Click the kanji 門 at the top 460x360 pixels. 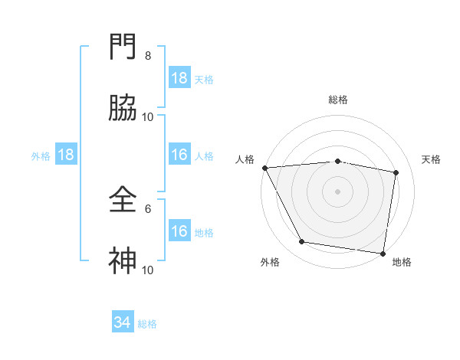pyautogui.click(x=123, y=47)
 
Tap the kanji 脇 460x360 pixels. pyautogui.click(x=123, y=108)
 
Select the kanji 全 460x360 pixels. pyautogui.click(x=123, y=200)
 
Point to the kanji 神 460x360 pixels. pyautogui.click(x=123, y=261)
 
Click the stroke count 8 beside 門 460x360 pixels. pyautogui.click(x=148, y=56)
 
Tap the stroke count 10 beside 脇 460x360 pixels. pyautogui.click(x=148, y=117)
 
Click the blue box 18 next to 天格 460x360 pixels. pyautogui.click(x=179, y=78)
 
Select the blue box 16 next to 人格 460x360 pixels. pyautogui.click(x=179, y=155)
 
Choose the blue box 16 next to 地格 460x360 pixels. pyautogui.click(x=179, y=231)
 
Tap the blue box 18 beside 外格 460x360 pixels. pyautogui.click(x=66, y=155)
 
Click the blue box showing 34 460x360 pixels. pyautogui.click(x=123, y=322)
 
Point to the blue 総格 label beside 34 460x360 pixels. pyautogui.click(x=147, y=324)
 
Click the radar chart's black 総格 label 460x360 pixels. pyautogui.click(x=338, y=100)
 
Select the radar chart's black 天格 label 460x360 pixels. pyautogui.click(x=432, y=159)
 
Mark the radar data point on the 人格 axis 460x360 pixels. pyautogui.click(x=264, y=168)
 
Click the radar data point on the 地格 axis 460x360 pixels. pyautogui.click(x=383, y=253)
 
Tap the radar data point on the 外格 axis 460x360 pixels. pyautogui.click(x=302, y=242)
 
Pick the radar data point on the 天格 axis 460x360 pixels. pyautogui.click(x=396, y=172)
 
